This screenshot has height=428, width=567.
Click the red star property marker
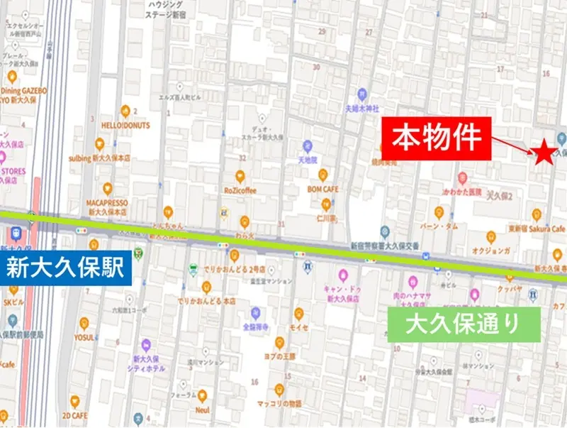pos(543,153)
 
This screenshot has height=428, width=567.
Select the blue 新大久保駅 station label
pos(65,267)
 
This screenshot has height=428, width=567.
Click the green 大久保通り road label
pos(464,324)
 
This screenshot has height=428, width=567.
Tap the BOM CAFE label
pos(322,190)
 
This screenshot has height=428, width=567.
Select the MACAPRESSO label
pos(107,202)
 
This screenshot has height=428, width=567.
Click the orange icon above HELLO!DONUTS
pos(125,110)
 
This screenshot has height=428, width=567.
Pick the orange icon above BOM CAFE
pos(323,175)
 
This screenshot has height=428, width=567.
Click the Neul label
pos(203,410)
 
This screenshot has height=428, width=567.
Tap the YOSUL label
pos(84,337)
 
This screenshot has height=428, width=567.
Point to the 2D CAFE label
pos(74,415)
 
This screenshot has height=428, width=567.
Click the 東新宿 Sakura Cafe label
pos(537,229)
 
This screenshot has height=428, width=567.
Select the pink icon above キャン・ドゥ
pos(344,275)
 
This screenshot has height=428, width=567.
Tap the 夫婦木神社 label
pos(362,109)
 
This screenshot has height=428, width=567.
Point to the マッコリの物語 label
pos(279,404)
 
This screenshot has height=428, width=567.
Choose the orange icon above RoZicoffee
pos(240,176)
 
